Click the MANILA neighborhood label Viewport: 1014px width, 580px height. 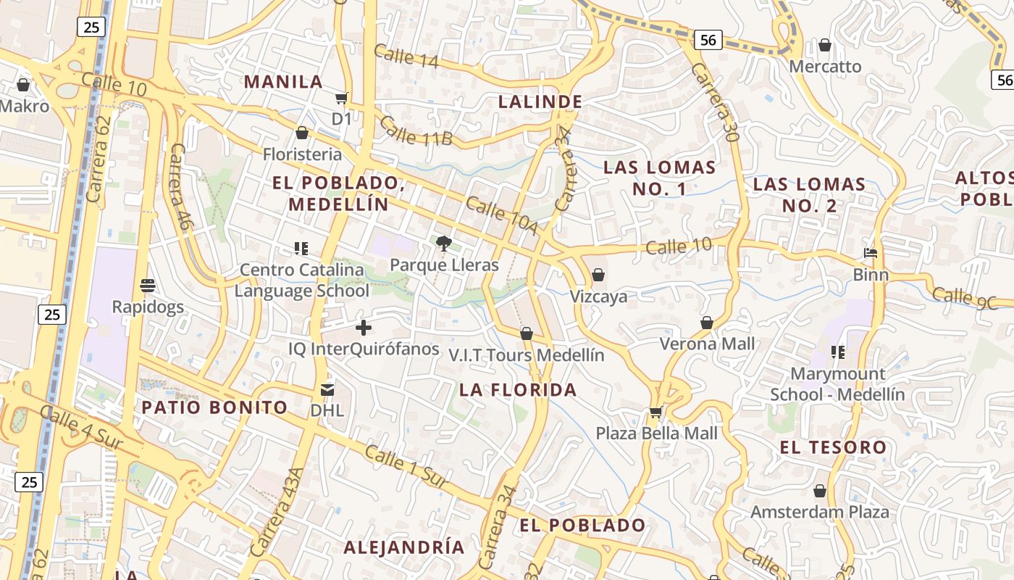[x=283, y=81]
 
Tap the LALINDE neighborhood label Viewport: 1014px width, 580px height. [x=540, y=101]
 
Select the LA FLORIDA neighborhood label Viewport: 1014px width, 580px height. [x=518, y=390]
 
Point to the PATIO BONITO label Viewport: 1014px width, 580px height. [x=214, y=407]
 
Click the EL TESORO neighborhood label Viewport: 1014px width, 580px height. [x=833, y=447]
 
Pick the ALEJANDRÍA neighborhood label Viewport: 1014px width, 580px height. [x=403, y=547]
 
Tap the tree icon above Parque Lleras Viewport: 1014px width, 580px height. [x=443, y=244]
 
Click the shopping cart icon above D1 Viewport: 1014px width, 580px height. [x=341, y=98]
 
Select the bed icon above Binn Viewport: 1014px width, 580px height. [x=871, y=253]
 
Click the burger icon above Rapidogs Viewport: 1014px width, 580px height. [x=148, y=285]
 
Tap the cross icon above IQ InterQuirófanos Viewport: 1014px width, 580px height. [x=364, y=328]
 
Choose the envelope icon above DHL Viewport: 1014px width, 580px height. [x=327, y=390]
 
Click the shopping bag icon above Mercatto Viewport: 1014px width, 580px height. [x=824, y=46]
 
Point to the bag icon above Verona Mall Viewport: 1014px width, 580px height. [x=707, y=323]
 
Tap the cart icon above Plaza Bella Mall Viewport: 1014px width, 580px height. [x=656, y=412]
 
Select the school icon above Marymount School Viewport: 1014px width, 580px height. [x=837, y=352]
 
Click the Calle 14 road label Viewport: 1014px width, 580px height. [x=406, y=56]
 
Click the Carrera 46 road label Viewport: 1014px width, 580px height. [x=179, y=186]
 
